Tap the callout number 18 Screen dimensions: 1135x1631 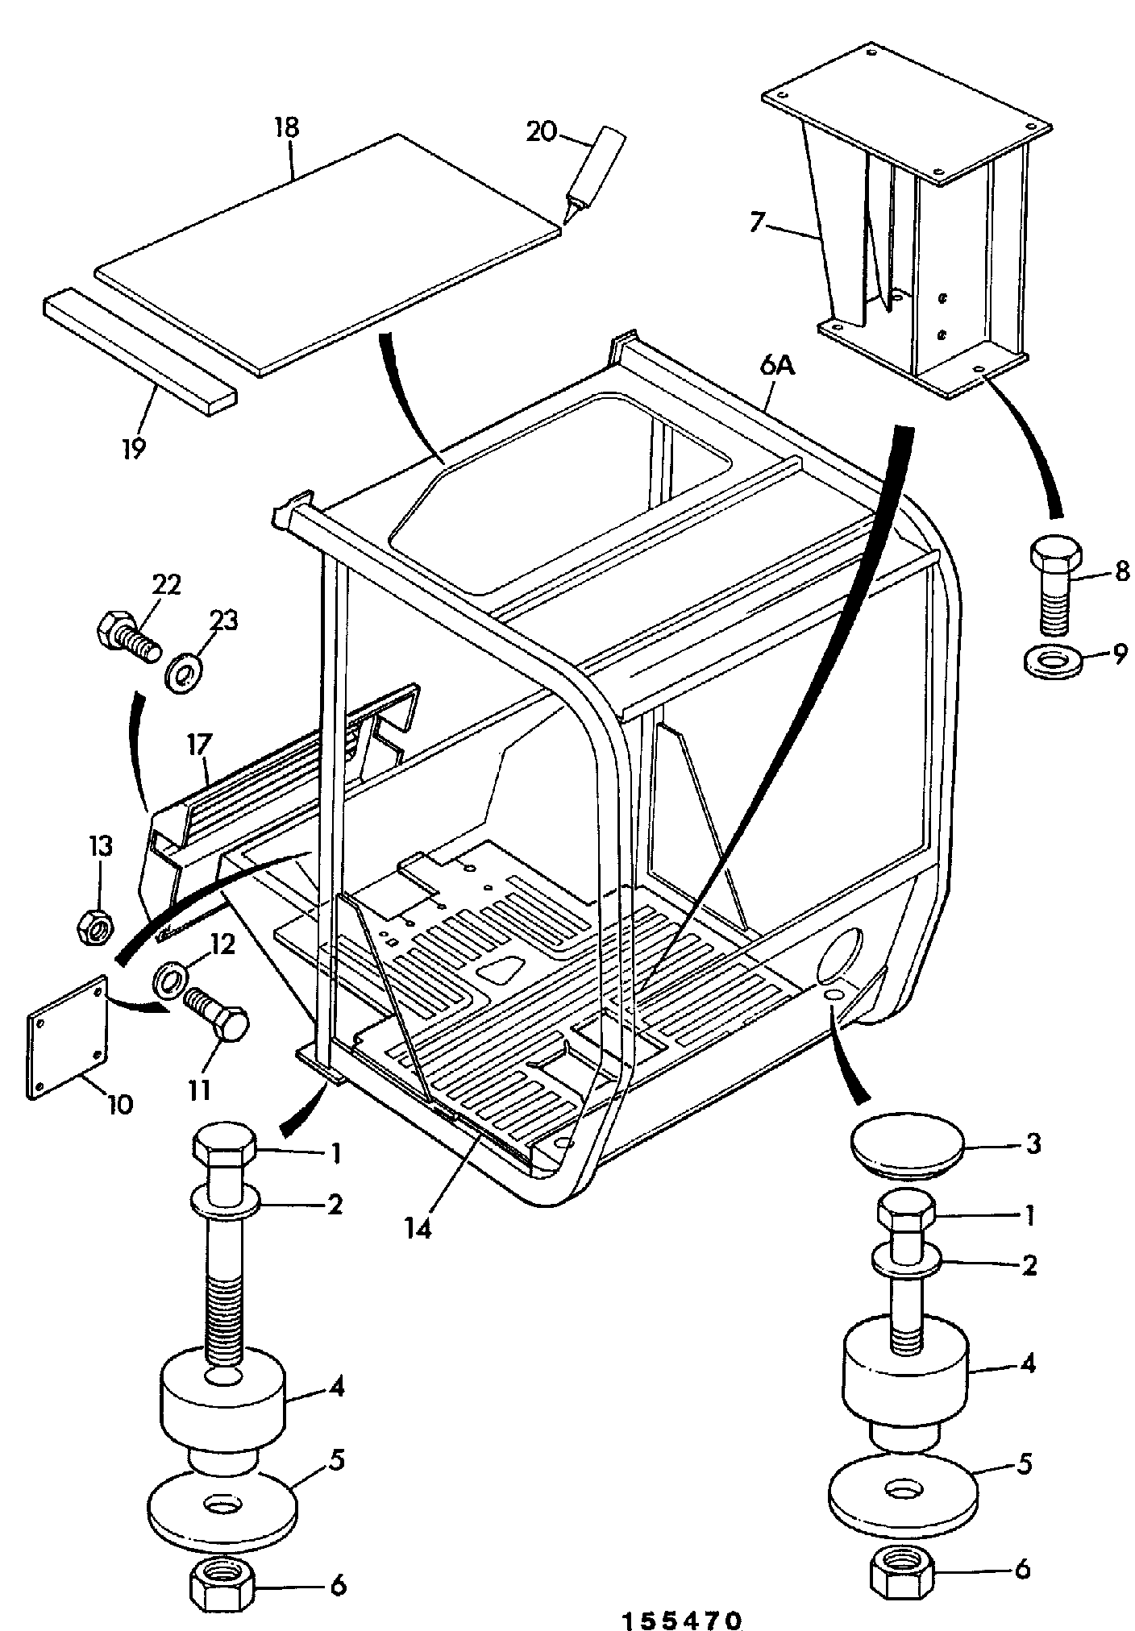click(286, 127)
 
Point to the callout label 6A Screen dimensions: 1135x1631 click(775, 367)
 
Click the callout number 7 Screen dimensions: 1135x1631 click(755, 222)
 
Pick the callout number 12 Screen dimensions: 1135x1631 click(223, 944)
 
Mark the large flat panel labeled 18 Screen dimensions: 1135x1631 click(327, 254)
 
